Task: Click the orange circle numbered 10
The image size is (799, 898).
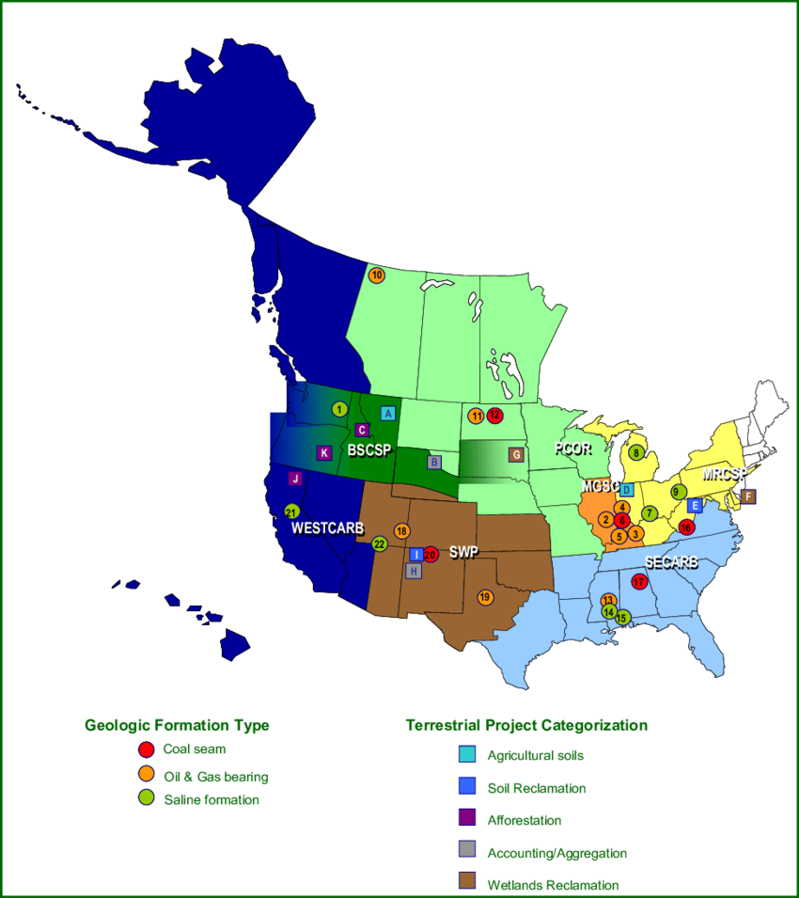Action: coord(376,276)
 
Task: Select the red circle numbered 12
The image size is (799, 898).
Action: coord(494,416)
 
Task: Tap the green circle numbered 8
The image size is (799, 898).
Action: coord(636,453)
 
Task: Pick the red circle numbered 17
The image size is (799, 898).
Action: coord(640,581)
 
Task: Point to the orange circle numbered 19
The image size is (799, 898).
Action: coord(485,597)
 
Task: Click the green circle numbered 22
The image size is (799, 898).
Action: coord(379,544)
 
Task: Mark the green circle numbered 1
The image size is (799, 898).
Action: coord(339,409)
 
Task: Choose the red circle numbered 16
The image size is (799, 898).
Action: coord(686,528)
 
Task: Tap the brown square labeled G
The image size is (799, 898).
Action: coord(515,455)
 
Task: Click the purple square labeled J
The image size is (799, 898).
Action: coord(295,479)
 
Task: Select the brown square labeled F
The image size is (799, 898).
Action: coord(748,496)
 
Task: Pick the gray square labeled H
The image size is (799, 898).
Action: coord(413,571)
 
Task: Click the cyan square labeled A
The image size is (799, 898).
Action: coord(387,413)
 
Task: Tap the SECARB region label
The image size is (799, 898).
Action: coord(671,562)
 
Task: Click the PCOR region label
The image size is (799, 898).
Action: coord(572,449)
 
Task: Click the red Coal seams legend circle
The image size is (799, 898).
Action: coord(146,750)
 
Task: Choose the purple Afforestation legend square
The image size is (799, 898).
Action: coord(467,819)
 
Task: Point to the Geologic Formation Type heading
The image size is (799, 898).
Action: coord(177,726)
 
